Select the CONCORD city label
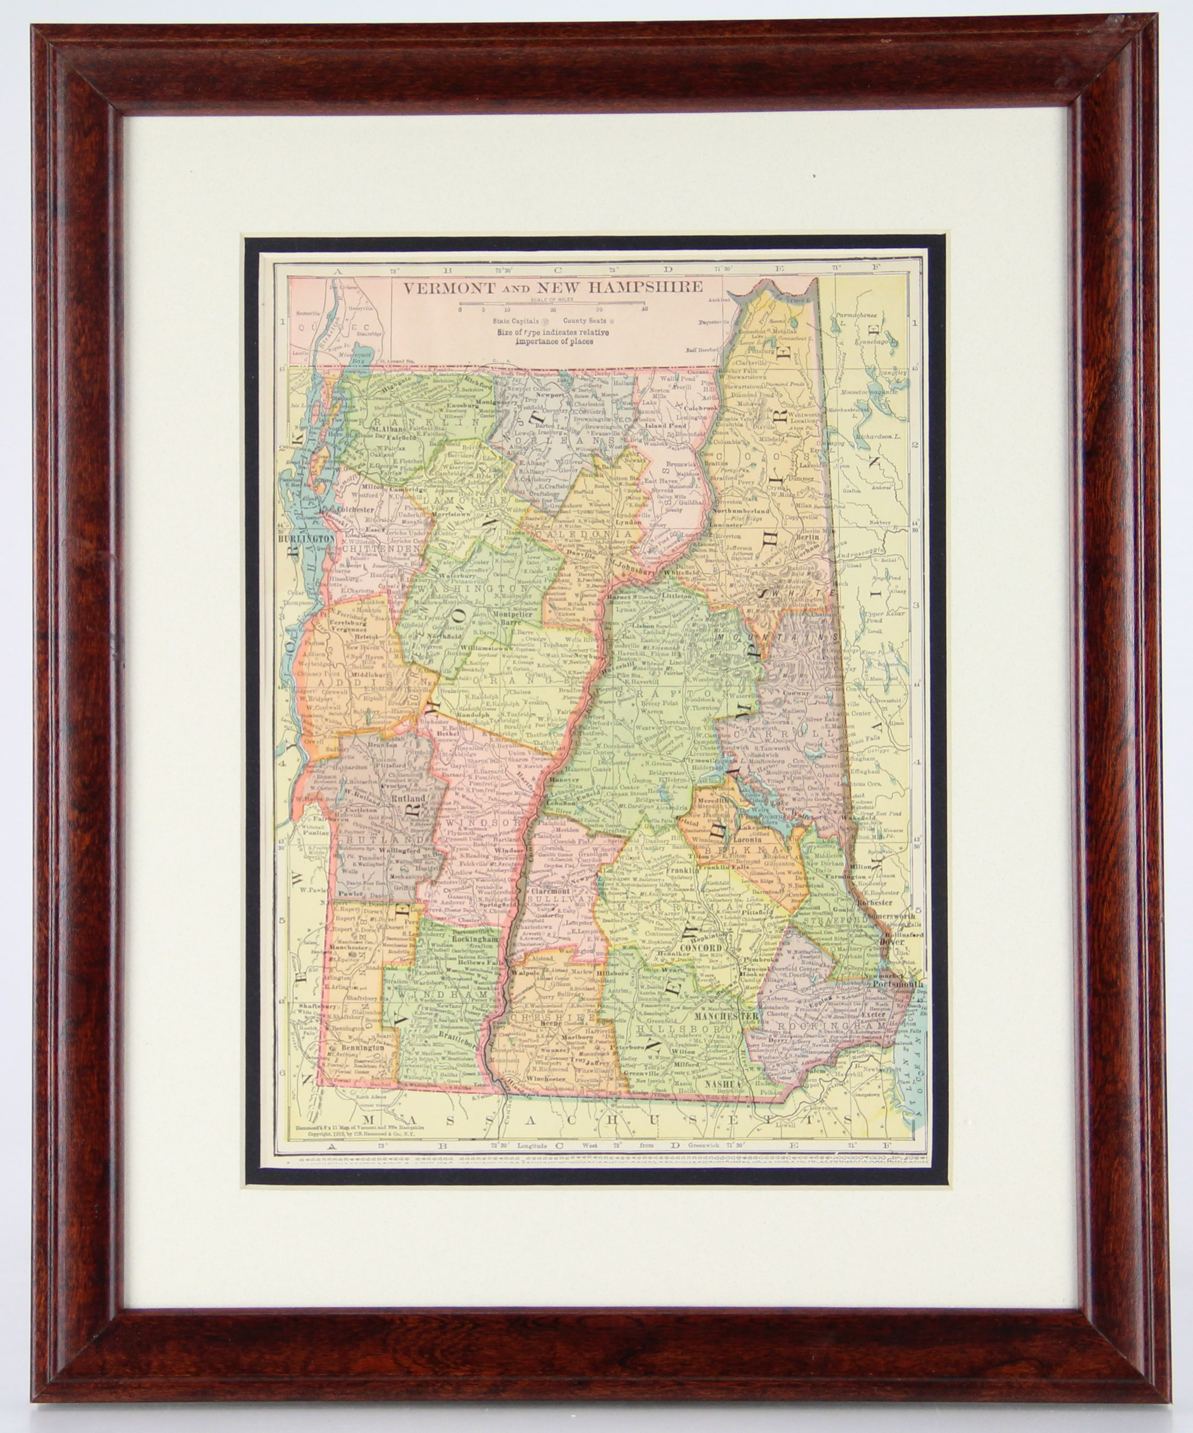[700, 949]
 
